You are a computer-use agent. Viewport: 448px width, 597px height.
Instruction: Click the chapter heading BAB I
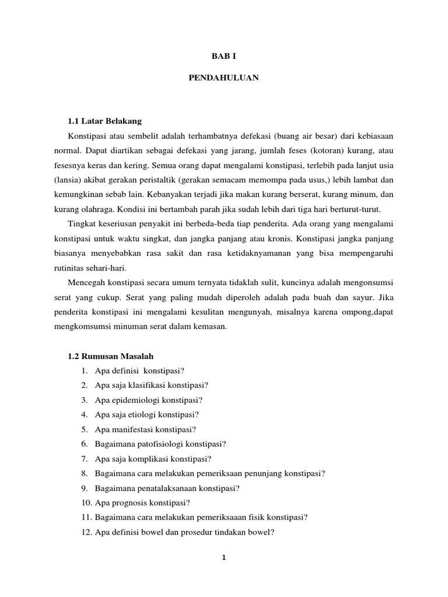pos(223,57)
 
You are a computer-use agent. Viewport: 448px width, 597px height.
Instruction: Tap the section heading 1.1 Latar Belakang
pos(105,121)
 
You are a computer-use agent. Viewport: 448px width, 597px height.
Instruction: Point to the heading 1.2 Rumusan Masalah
pos(111,356)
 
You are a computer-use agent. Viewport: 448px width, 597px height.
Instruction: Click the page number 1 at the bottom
pos(223,557)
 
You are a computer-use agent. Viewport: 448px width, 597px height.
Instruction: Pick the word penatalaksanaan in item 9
pos(164,488)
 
